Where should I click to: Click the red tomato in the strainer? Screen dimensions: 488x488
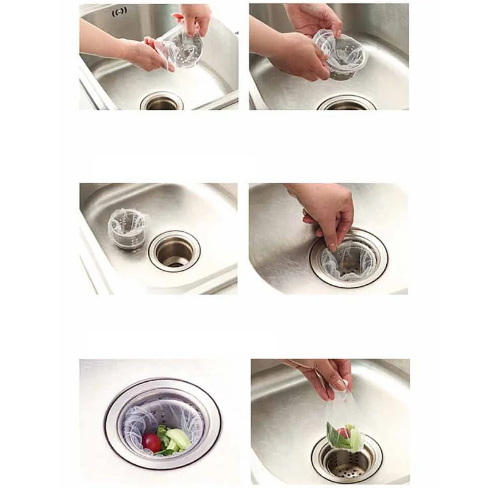click(x=152, y=442)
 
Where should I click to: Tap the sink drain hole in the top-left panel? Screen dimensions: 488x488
click(x=162, y=102)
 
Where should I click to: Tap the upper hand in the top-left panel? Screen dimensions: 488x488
click(x=194, y=18)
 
